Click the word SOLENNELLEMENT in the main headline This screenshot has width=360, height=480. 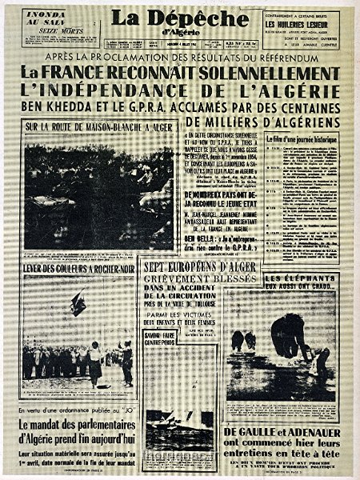pyautogui.click(x=268, y=73)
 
